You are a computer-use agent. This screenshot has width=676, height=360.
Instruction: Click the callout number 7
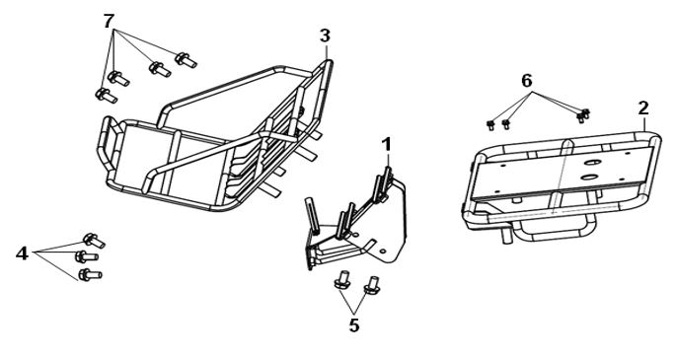click(110, 21)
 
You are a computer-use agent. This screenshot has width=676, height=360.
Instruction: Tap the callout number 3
click(325, 36)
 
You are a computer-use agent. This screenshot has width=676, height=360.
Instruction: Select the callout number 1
click(387, 145)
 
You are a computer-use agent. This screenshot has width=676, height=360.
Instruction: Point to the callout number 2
click(643, 108)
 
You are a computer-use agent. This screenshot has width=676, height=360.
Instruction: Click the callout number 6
click(527, 81)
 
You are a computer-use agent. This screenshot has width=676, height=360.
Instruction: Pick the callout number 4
click(22, 253)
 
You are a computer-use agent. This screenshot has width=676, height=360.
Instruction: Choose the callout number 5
click(354, 325)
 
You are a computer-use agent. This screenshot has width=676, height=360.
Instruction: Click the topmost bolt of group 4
click(94, 241)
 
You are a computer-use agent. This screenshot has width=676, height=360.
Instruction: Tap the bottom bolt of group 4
click(90, 274)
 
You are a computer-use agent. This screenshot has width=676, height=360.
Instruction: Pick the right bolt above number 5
click(372, 285)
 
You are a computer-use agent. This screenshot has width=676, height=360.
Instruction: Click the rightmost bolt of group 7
click(186, 60)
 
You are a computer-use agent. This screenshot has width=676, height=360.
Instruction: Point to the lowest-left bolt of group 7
click(106, 95)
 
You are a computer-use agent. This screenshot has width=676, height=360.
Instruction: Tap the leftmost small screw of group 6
click(490, 125)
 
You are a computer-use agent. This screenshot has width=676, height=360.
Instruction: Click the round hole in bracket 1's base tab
click(383, 252)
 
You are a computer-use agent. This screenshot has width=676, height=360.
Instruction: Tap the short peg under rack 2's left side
click(506, 235)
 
